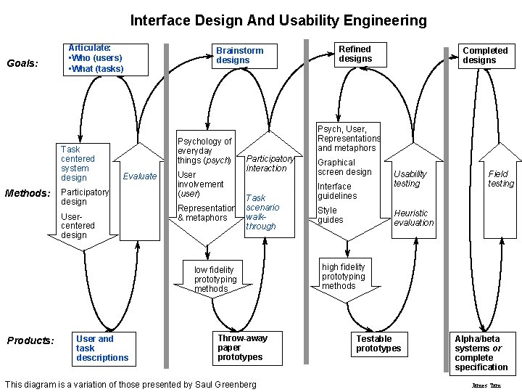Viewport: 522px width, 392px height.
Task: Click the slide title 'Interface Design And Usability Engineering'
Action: (x=278, y=20)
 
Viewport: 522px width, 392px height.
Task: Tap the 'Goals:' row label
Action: (x=22, y=63)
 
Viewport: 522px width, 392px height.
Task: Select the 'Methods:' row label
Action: (x=28, y=193)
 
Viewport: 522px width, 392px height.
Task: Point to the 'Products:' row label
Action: (x=30, y=340)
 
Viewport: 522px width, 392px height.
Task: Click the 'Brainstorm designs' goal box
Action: (x=240, y=55)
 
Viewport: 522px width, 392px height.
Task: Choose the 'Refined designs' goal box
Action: (x=355, y=54)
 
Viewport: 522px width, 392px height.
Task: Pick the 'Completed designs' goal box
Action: (x=485, y=55)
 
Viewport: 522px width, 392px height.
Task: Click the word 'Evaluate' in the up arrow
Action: (x=140, y=176)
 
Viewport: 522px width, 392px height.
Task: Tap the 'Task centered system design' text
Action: (x=78, y=163)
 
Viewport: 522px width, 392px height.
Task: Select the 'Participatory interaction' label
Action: (x=270, y=163)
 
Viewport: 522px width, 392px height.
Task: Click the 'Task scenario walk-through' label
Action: (x=262, y=212)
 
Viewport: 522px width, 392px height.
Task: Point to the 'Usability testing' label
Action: (x=410, y=179)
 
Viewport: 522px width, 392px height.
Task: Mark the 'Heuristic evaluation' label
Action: (x=413, y=218)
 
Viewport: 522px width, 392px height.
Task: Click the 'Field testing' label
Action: (x=500, y=179)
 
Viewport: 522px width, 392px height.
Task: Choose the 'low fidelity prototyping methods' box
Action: (x=215, y=279)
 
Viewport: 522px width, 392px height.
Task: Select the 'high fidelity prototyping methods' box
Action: (x=344, y=276)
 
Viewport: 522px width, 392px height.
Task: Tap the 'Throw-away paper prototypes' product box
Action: (x=242, y=348)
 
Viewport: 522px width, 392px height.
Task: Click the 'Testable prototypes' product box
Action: (x=378, y=343)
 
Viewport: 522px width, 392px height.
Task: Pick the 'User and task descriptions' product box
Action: (x=102, y=348)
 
